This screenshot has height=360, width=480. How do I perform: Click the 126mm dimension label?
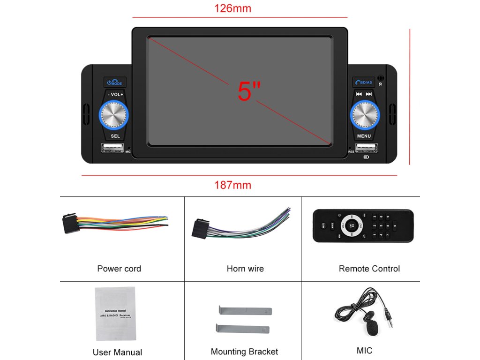click(232, 8)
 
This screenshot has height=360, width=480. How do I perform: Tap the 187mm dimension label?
click(232, 185)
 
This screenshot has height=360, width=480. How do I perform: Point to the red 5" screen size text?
click(249, 91)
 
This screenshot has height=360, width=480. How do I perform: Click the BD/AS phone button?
click(363, 82)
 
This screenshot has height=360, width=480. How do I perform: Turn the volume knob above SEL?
click(113, 114)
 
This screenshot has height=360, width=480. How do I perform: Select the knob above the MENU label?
click(364, 114)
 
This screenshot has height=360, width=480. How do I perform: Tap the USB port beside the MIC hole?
click(112, 148)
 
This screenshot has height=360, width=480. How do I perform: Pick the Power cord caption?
click(119, 269)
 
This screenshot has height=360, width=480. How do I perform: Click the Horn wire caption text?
click(245, 269)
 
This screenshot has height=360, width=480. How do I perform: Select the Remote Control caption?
click(369, 269)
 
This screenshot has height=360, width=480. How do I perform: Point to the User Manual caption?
click(117, 352)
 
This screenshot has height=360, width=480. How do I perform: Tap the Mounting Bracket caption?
click(244, 352)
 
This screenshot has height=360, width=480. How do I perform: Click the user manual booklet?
click(115, 313)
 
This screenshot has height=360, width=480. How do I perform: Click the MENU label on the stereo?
click(364, 136)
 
